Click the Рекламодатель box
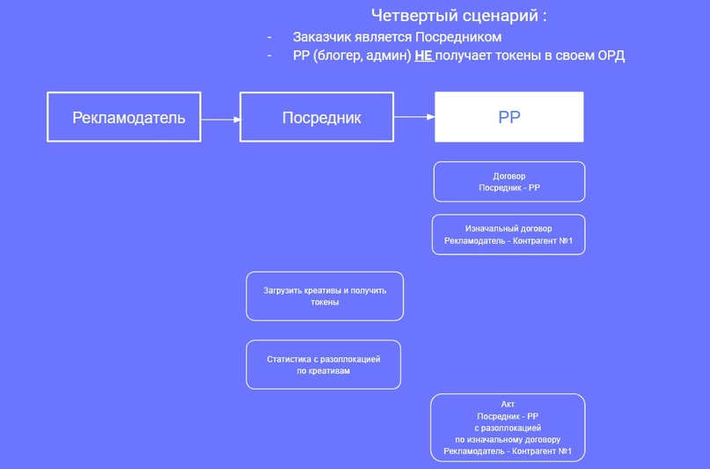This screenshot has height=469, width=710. click(123, 117)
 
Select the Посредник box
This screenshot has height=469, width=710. click(317, 117)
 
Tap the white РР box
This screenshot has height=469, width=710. click(509, 117)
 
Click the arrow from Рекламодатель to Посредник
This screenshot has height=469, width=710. click(220, 118)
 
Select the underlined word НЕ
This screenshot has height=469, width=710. click(424, 55)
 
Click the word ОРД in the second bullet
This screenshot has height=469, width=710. click(609, 55)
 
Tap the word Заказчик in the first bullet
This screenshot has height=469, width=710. click(320, 37)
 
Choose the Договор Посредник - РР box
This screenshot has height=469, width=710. click(509, 181)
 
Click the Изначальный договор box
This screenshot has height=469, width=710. click(509, 234)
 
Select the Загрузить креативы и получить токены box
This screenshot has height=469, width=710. click(325, 296)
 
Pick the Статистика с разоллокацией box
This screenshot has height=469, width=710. click(323, 364)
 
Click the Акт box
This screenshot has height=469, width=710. click(508, 428)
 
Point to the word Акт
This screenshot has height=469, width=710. click(508, 404)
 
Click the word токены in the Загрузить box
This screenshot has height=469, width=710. click(325, 302)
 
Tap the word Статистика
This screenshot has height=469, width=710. click(289, 359)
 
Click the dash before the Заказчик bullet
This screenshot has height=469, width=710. click(269, 37)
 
